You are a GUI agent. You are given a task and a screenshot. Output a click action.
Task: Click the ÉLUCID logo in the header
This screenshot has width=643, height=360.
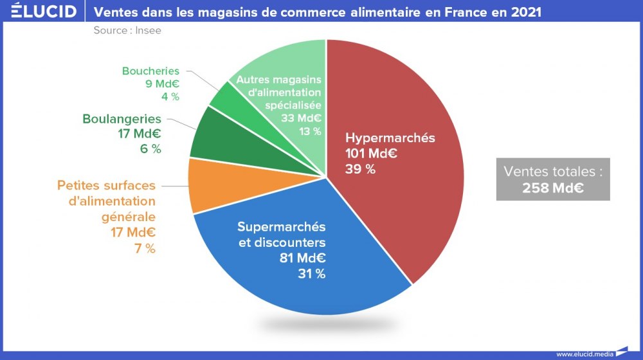[44, 12]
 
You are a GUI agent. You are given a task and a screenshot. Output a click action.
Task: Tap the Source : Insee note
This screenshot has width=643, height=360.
[127, 30]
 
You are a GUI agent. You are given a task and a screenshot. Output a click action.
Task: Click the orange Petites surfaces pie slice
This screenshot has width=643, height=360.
[206, 186]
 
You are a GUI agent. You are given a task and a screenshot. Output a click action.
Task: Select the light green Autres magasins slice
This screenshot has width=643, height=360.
[283, 64]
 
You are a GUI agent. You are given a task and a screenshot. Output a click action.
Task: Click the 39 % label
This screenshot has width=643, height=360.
[360, 170]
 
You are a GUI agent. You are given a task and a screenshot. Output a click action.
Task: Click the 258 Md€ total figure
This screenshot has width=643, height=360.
[552, 188]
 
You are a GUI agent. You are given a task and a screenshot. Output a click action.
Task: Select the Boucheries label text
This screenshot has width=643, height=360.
[150, 71]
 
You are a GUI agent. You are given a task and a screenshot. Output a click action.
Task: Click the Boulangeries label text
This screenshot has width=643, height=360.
[122, 119]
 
